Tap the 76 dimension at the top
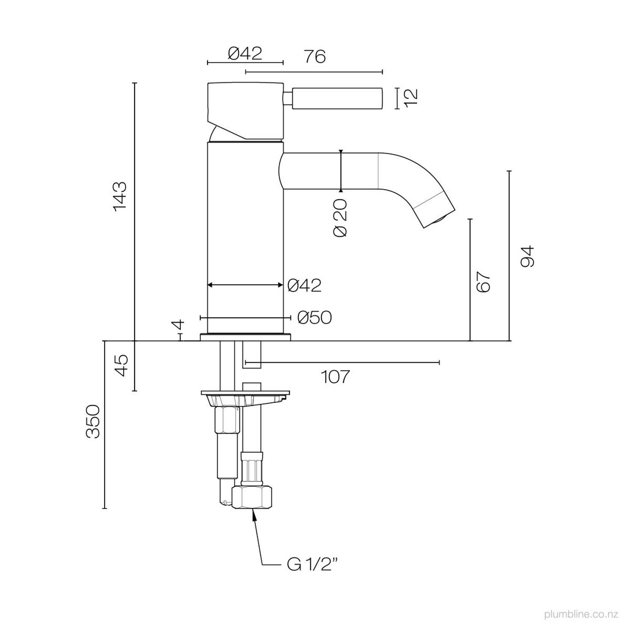click(x=315, y=56)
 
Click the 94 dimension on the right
click(x=527, y=256)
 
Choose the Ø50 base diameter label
click(x=314, y=318)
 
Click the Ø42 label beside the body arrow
click(x=304, y=286)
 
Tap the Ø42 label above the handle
click(x=245, y=53)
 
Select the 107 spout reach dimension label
click(x=336, y=376)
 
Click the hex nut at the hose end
click(x=251, y=497)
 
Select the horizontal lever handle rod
click(x=337, y=98)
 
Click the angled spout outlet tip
click(x=440, y=218)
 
